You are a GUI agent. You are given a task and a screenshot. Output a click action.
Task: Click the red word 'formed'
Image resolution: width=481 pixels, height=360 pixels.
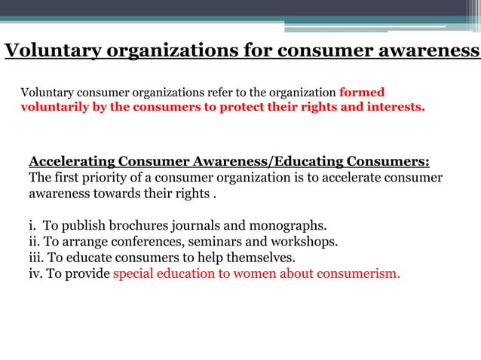(x=362, y=93)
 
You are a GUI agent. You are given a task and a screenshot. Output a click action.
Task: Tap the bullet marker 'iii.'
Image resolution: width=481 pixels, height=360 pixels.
(x=37, y=258)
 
